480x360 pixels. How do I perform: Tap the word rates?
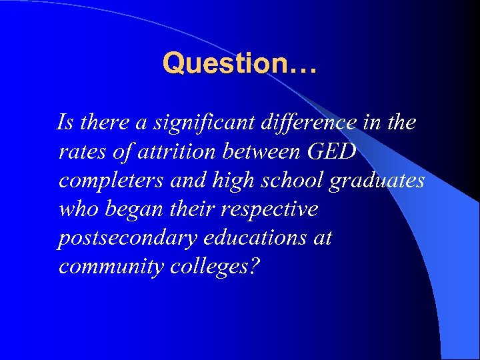point(81,152)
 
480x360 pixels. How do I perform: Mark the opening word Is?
point(65,123)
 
